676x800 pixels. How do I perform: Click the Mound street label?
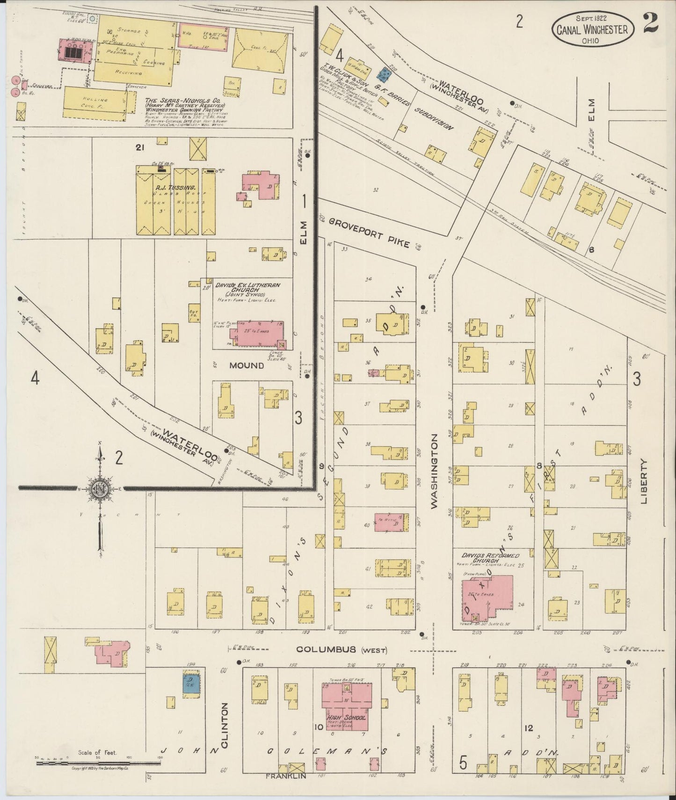point(247,365)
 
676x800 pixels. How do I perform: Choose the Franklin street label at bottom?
point(286,776)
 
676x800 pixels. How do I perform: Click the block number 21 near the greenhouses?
point(139,148)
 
